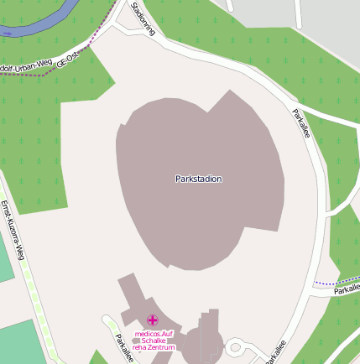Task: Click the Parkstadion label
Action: tap(199, 179)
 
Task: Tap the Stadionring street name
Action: tap(143, 18)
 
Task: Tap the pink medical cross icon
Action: tap(153, 320)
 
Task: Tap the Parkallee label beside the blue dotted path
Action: tap(346, 289)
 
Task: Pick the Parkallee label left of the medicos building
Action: tap(123, 347)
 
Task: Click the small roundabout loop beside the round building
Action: tap(236, 346)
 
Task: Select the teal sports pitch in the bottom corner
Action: tap(25, 344)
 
